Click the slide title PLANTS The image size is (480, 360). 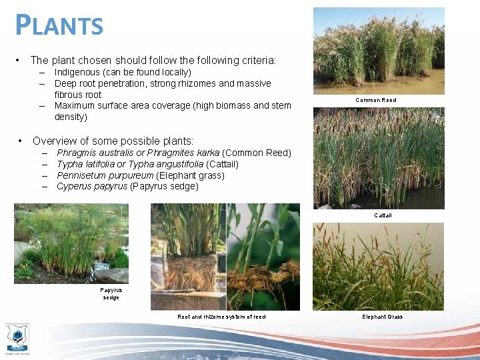[x=60, y=25]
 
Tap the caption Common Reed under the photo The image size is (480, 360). [x=376, y=100]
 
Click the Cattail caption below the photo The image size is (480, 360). [x=383, y=215]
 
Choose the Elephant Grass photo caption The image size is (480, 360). [x=382, y=317]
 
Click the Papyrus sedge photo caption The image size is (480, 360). [x=111, y=293]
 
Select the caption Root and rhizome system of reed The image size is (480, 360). [x=221, y=317]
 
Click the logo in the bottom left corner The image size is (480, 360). [x=17, y=337]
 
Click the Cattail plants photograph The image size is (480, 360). [x=379, y=158]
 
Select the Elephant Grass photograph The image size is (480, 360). [x=379, y=267]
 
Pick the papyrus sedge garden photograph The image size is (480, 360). [x=71, y=243]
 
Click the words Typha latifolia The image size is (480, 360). [x=86, y=164]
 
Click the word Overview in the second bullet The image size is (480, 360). [x=53, y=141]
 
